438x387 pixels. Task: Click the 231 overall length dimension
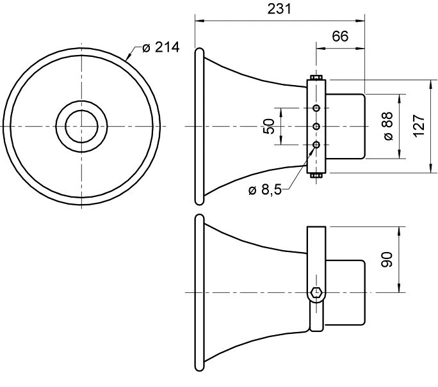coord(279,9)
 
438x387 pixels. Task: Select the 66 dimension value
coord(340,36)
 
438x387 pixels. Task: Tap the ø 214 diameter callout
coord(161,47)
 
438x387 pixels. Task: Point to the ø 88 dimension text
coord(388,126)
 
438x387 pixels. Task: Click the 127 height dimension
coord(419,126)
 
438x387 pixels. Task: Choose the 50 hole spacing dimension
coord(269,126)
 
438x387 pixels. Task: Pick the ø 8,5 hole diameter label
coord(265,190)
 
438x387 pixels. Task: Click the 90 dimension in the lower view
coord(387,260)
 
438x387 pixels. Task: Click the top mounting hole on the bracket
coord(316,107)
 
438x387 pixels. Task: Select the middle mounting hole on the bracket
coord(316,127)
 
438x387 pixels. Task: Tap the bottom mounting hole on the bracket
coord(316,145)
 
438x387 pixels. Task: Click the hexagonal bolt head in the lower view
coord(316,292)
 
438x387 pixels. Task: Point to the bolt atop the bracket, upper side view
coord(316,77)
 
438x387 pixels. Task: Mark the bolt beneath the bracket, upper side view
coord(316,175)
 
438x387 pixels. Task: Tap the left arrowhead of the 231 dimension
coord(199,20)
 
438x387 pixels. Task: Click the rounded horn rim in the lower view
coord(199,293)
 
